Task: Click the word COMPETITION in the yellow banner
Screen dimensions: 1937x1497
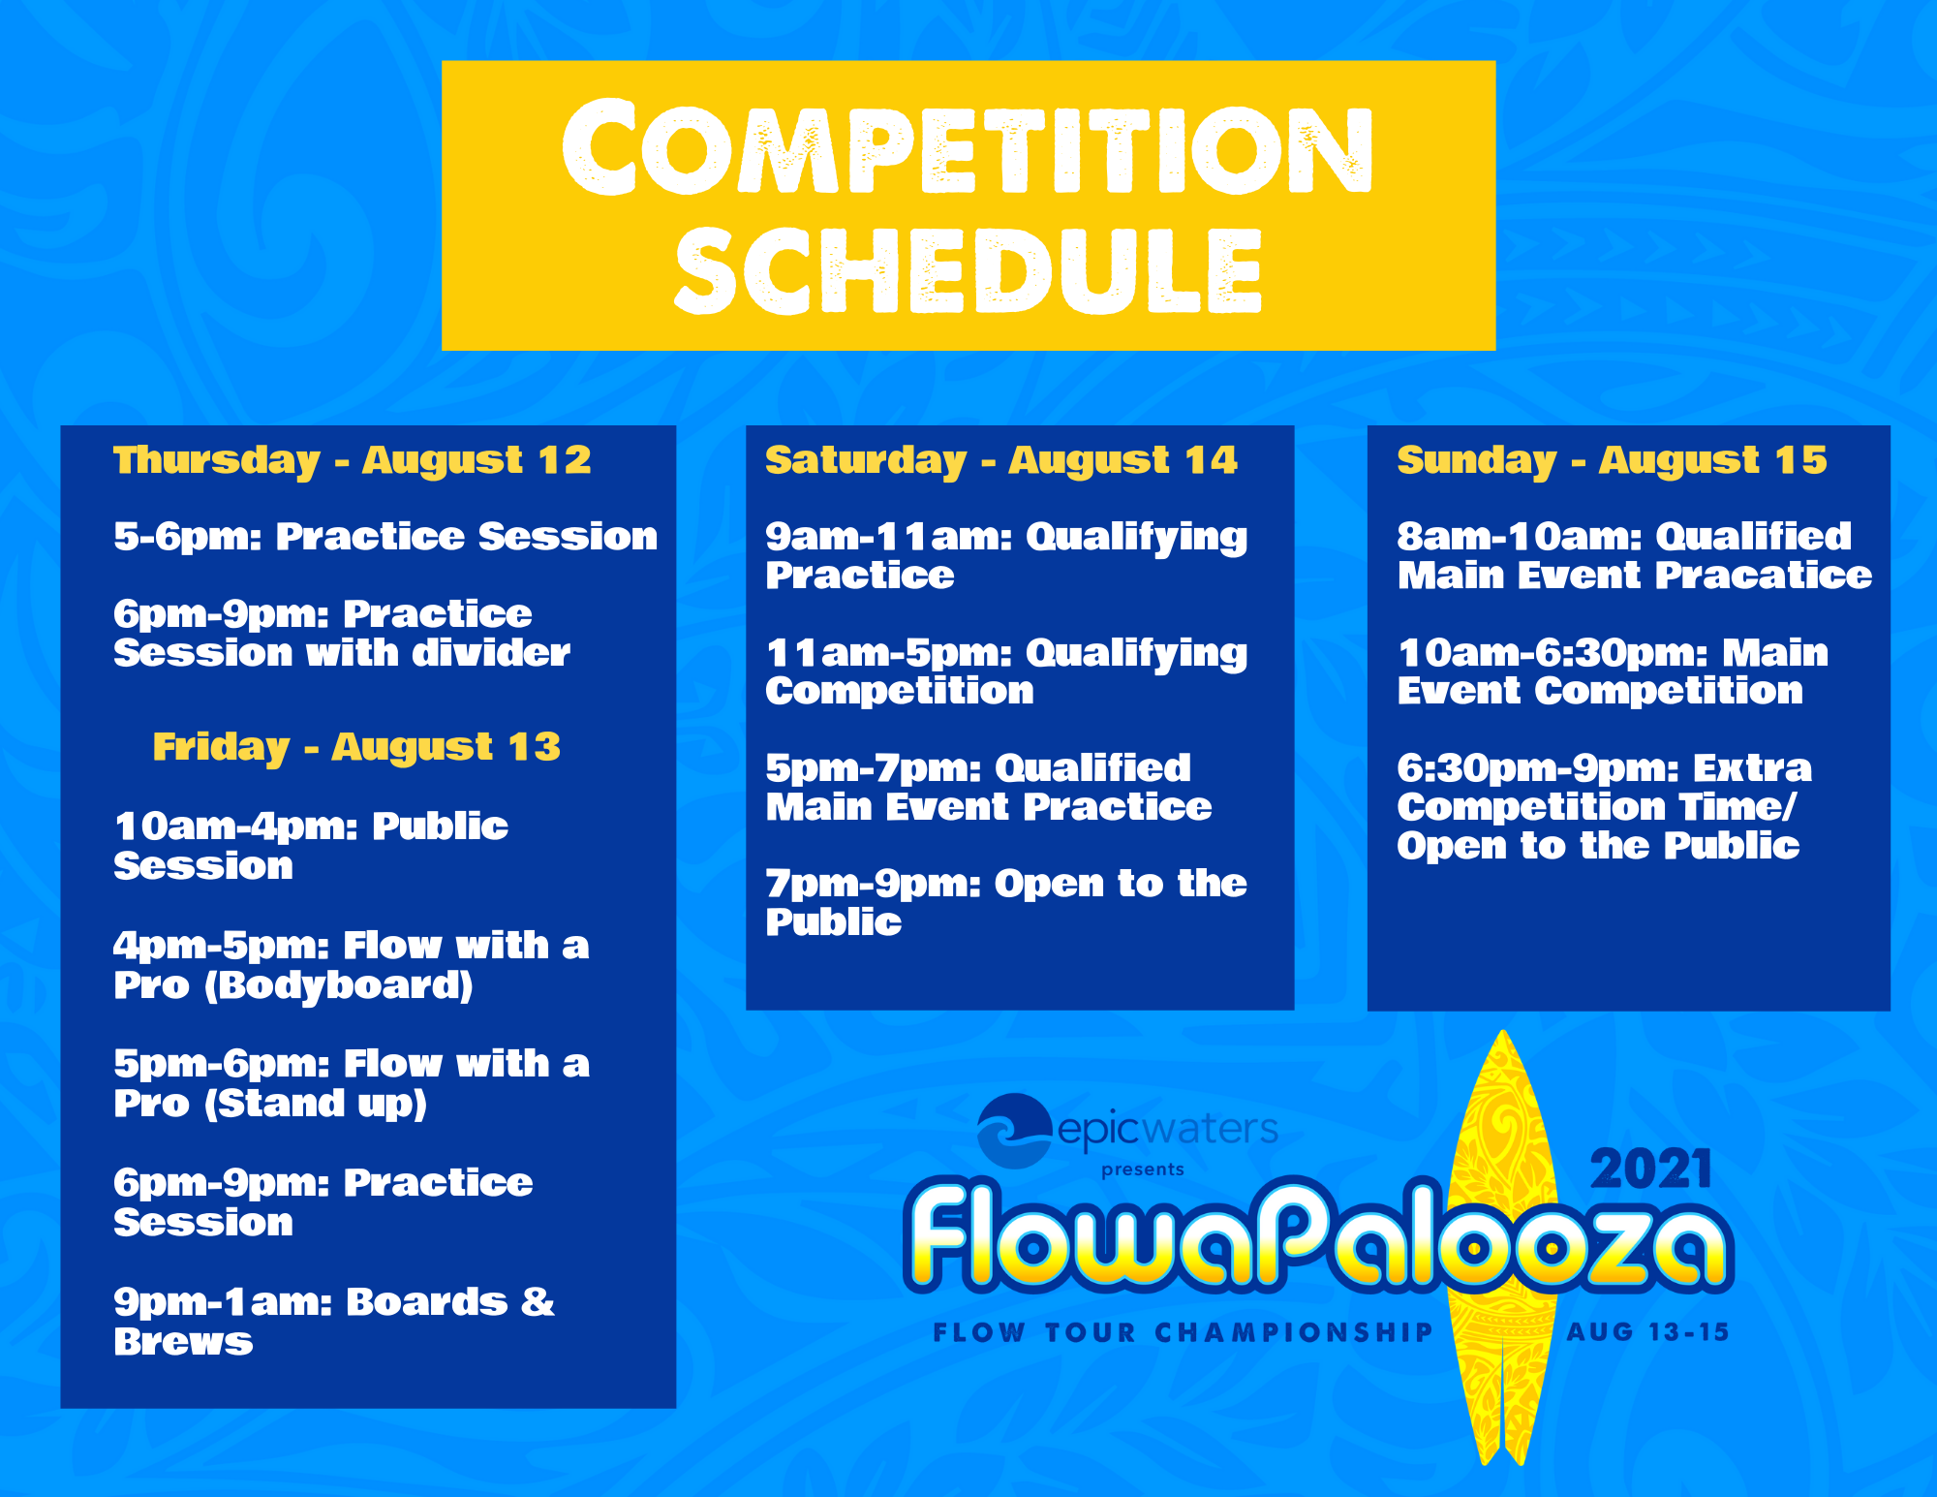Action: [967, 147]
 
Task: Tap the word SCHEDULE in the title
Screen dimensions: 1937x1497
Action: [968, 270]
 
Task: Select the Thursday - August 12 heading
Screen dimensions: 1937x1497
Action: [353, 460]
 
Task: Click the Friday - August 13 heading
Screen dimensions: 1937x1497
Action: [356, 747]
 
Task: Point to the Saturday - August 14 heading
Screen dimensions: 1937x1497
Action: [1001, 460]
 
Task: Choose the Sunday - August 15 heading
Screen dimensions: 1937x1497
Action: [1612, 460]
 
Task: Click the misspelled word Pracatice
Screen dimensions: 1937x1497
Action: [1764, 576]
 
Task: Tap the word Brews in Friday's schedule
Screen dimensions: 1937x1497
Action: [183, 1342]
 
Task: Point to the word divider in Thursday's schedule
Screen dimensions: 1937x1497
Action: [491, 653]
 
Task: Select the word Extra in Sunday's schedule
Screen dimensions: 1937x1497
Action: [1752, 768]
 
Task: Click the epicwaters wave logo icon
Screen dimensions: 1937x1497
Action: [1014, 1130]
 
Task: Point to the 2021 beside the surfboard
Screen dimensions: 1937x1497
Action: [1651, 1170]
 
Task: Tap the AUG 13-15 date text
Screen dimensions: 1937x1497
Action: [1647, 1332]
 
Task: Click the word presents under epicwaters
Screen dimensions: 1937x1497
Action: [1143, 1170]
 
